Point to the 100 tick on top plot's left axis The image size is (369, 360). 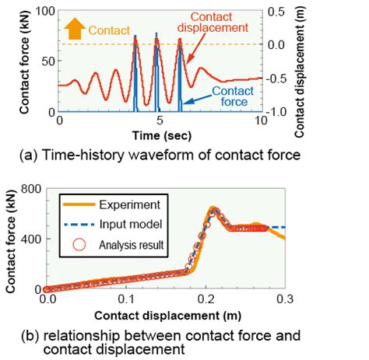click(42, 11)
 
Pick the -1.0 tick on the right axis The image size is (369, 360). click(277, 111)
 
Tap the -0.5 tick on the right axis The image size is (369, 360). click(277, 78)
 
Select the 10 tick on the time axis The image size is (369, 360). click(260, 122)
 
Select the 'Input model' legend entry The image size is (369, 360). click(124, 225)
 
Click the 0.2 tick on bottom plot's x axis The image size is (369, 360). click(206, 298)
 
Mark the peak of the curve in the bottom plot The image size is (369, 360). click(213, 209)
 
